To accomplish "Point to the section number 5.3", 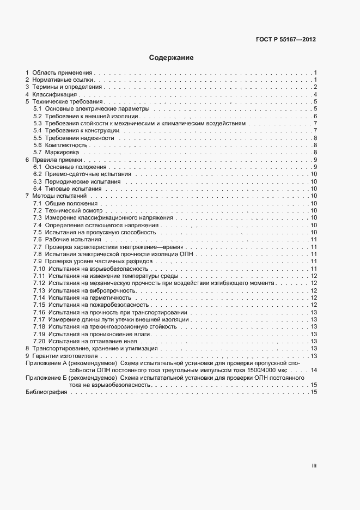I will (x=37, y=124).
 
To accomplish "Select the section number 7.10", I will (x=39, y=269).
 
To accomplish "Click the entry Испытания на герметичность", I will (x=89, y=297).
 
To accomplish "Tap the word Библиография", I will (x=43, y=392).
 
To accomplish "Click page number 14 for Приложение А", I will (x=314, y=370).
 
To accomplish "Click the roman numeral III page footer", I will (x=314, y=466).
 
